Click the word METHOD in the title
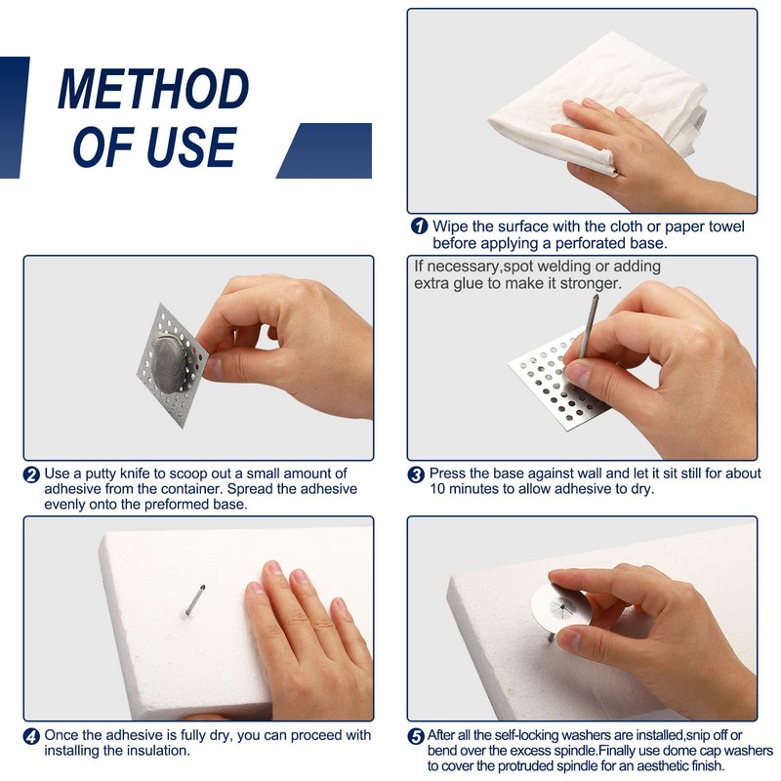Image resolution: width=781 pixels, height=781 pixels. point(153,89)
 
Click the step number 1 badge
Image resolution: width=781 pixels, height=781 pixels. point(420,226)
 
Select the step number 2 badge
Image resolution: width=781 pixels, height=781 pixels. point(31,474)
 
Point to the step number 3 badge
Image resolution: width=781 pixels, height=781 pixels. point(416,474)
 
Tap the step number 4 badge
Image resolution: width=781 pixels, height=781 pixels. point(31,736)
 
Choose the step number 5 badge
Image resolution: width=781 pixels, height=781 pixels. point(416,736)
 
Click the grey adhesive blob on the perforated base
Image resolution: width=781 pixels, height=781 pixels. point(169,362)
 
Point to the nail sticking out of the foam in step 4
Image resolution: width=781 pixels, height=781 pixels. point(194,599)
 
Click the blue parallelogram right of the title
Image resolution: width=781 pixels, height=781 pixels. point(324,150)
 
